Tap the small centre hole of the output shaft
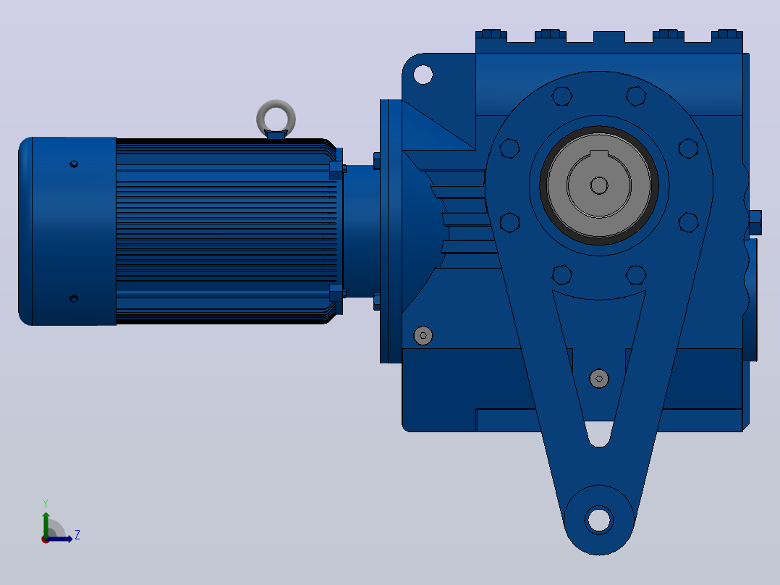pos(599,185)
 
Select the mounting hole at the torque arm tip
pos(599,521)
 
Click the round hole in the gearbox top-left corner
pos(423,75)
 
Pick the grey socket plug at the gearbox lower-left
pos(423,335)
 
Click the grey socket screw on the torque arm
pos(599,379)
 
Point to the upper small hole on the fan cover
pos(74,164)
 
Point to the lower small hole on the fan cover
pos(74,299)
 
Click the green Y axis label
pos(46,503)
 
